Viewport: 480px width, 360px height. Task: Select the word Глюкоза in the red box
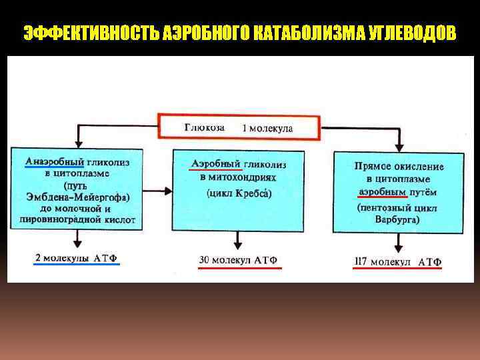[x=204, y=127]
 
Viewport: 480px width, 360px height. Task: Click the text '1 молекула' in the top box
[x=267, y=127]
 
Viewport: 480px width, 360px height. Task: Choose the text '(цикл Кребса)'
[x=239, y=193]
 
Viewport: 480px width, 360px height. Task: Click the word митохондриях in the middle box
[x=243, y=178]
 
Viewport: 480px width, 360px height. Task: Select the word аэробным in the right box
[x=382, y=192]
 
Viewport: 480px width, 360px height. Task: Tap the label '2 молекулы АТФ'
[x=77, y=257]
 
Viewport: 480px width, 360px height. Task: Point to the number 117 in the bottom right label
[x=361, y=261]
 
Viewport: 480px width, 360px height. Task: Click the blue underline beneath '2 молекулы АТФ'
[x=77, y=265]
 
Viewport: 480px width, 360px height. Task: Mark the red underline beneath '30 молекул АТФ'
[x=240, y=267]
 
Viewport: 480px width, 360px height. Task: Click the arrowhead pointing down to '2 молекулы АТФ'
[x=78, y=244]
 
